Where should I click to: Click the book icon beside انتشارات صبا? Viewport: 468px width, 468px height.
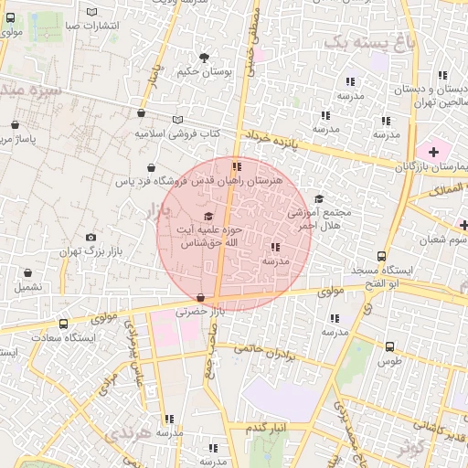point(91,12)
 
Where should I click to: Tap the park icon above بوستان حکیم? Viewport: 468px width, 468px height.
point(203,58)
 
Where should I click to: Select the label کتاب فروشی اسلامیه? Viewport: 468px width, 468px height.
point(178,133)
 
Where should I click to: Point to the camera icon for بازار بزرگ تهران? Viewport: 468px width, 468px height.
point(90,238)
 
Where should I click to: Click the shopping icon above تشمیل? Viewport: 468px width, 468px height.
point(27,272)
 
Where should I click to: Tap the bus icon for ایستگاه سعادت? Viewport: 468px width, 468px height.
point(63,324)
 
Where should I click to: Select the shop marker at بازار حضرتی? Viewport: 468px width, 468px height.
point(200,297)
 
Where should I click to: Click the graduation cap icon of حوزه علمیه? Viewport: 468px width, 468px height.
point(209,217)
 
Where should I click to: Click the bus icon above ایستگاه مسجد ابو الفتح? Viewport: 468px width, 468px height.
point(381,257)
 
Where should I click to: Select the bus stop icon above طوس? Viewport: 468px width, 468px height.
point(390,346)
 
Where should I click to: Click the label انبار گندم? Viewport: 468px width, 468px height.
point(268,427)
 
